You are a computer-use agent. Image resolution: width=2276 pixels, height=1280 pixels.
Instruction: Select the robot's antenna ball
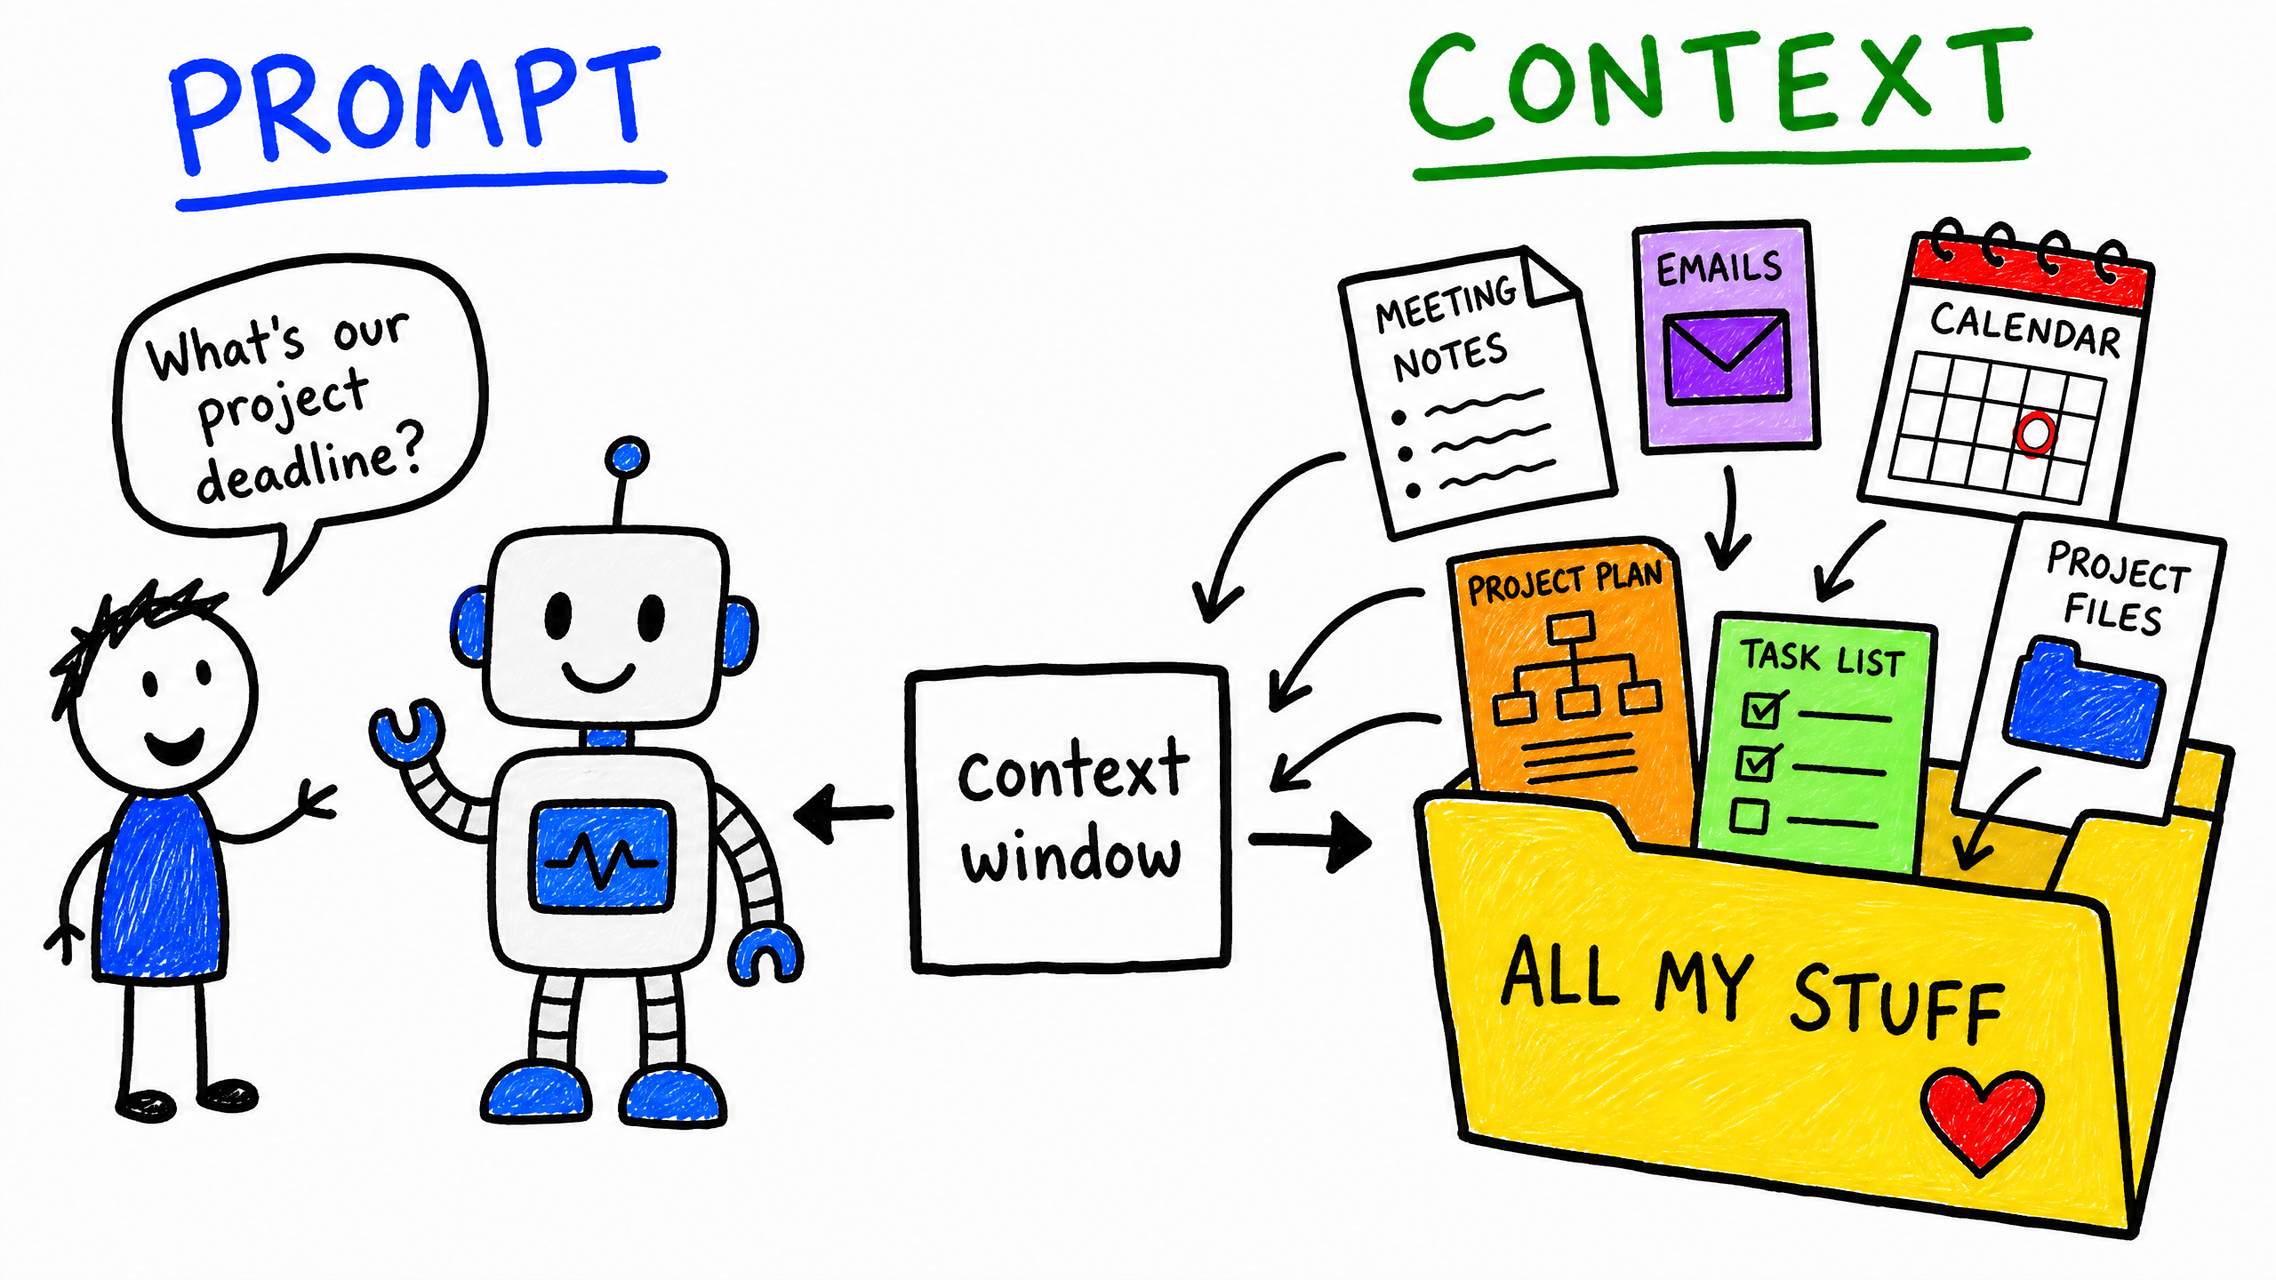(x=627, y=458)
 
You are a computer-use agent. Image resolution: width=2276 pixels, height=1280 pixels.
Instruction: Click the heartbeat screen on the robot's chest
(x=602, y=856)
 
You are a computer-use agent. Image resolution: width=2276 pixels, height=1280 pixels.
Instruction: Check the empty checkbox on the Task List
(x=1750, y=816)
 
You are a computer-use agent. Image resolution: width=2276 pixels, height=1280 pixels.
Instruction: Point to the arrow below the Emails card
(x=1727, y=520)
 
